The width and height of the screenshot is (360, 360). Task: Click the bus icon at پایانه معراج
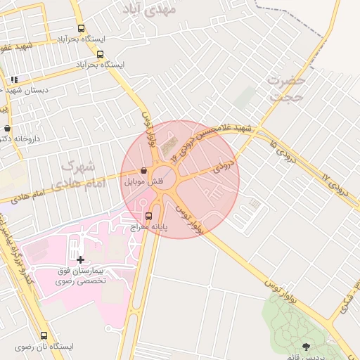click(x=148, y=216)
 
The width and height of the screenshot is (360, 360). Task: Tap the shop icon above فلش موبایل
click(x=144, y=170)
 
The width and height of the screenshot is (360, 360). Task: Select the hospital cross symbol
click(x=80, y=259)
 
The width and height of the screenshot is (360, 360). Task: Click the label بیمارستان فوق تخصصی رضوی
click(x=80, y=275)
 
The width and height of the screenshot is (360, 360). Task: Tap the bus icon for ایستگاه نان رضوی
click(x=44, y=335)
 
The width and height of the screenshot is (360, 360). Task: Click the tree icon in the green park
click(x=306, y=346)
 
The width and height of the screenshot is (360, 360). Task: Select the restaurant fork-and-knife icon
click(x=14, y=79)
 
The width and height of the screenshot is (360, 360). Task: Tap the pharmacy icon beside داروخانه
click(x=8, y=128)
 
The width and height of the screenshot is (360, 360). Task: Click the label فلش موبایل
click(x=144, y=181)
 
